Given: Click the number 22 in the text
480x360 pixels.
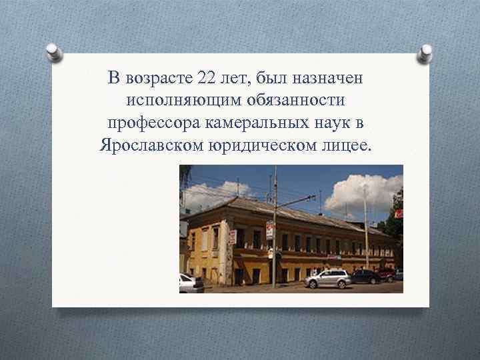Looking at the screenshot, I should point(207,79).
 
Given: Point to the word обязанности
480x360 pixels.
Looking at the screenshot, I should point(288,101).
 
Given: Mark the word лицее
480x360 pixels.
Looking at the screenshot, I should point(348,145).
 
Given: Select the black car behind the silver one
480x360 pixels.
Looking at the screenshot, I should point(366,275).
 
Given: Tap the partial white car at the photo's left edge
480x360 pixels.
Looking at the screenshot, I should point(191,283).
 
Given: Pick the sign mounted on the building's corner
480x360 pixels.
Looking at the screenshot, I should point(233,237).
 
